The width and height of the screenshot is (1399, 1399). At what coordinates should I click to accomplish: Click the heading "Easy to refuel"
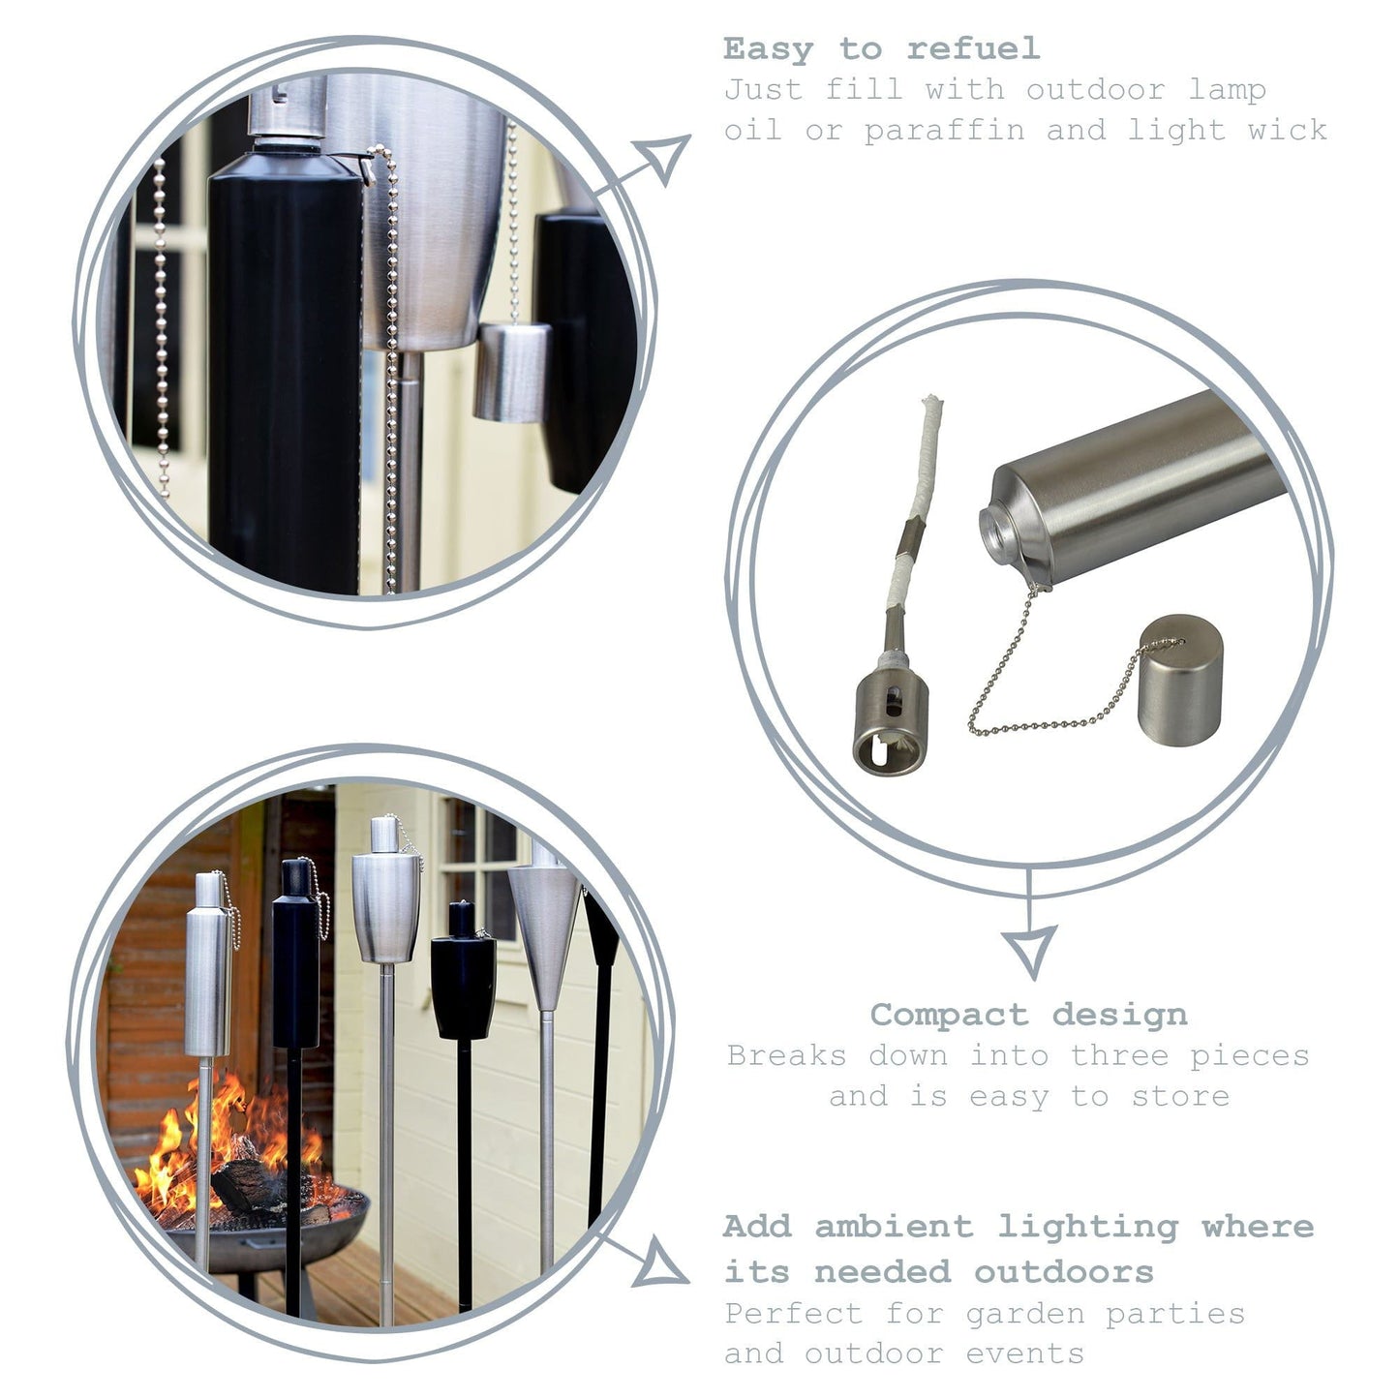[x=881, y=48]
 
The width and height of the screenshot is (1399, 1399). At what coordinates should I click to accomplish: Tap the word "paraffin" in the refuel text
[x=944, y=131]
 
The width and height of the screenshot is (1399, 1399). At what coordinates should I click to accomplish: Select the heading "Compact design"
[x=1028, y=1015]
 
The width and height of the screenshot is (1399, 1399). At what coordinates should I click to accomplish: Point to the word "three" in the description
[x=1118, y=1055]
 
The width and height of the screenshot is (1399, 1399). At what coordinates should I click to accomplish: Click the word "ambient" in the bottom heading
[x=894, y=1227]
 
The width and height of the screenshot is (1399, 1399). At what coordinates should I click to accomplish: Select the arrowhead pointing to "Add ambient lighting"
[x=660, y=1262]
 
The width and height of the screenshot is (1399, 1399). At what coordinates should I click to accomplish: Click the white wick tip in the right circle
[x=930, y=404]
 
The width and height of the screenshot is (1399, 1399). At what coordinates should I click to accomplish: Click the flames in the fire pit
[x=228, y=1142]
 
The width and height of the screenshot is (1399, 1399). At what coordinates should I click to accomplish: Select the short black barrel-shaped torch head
[x=464, y=980]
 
